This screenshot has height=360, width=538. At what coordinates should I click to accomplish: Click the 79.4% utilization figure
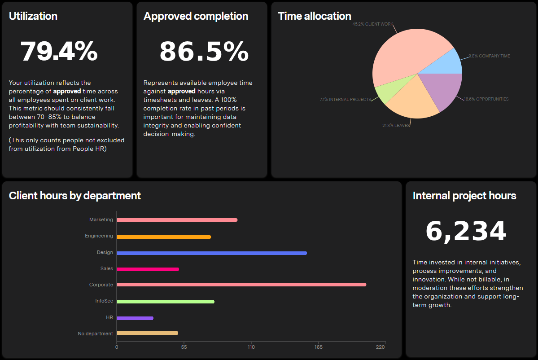(x=59, y=52)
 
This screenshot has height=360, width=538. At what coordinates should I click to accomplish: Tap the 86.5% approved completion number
(x=204, y=52)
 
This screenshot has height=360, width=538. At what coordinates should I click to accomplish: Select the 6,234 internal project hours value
(x=466, y=231)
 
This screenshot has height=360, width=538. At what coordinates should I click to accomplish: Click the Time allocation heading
(x=314, y=16)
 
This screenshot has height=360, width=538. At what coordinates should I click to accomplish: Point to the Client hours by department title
(x=75, y=196)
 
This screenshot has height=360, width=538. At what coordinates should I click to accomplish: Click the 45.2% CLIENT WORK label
(x=372, y=24)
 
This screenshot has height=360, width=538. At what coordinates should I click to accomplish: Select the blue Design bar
(x=212, y=253)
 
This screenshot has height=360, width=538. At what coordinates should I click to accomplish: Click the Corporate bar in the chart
(x=241, y=285)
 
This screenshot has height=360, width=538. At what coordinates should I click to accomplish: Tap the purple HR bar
(x=135, y=318)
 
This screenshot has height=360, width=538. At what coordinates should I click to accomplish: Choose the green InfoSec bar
(x=166, y=302)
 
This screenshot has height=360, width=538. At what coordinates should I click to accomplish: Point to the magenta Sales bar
(x=148, y=269)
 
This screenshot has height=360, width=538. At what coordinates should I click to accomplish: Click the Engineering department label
(x=99, y=236)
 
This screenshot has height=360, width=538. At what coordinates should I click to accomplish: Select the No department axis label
(x=96, y=334)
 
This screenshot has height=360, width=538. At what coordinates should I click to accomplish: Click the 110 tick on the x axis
(x=251, y=347)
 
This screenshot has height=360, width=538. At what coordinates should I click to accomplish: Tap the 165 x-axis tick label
(x=319, y=347)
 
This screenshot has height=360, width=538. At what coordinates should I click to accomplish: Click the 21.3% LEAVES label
(x=396, y=126)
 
